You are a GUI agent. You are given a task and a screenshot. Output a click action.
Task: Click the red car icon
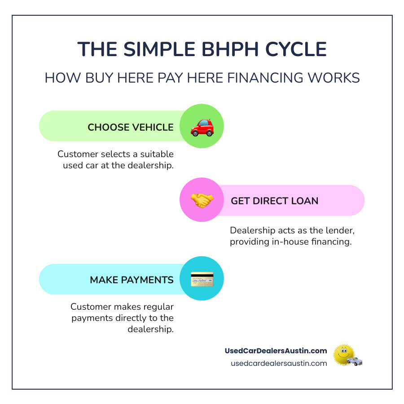[x=202, y=127]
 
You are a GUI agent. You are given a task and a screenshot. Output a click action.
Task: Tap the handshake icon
[x=202, y=200]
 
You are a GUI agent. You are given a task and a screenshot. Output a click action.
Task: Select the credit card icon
[x=202, y=279]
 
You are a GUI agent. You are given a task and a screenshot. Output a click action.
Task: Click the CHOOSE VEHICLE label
[x=131, y=127]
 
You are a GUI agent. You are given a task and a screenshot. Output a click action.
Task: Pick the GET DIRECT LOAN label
[x=275, y=201]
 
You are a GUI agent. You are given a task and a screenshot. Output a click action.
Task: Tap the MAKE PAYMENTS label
[x=132, y=280]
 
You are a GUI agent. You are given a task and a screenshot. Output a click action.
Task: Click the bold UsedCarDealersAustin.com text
[x=276, y=351]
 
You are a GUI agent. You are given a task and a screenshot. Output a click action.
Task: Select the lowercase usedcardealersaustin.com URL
[x=279, y=363]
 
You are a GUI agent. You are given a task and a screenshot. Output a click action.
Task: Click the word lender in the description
[x=333, y=230]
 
